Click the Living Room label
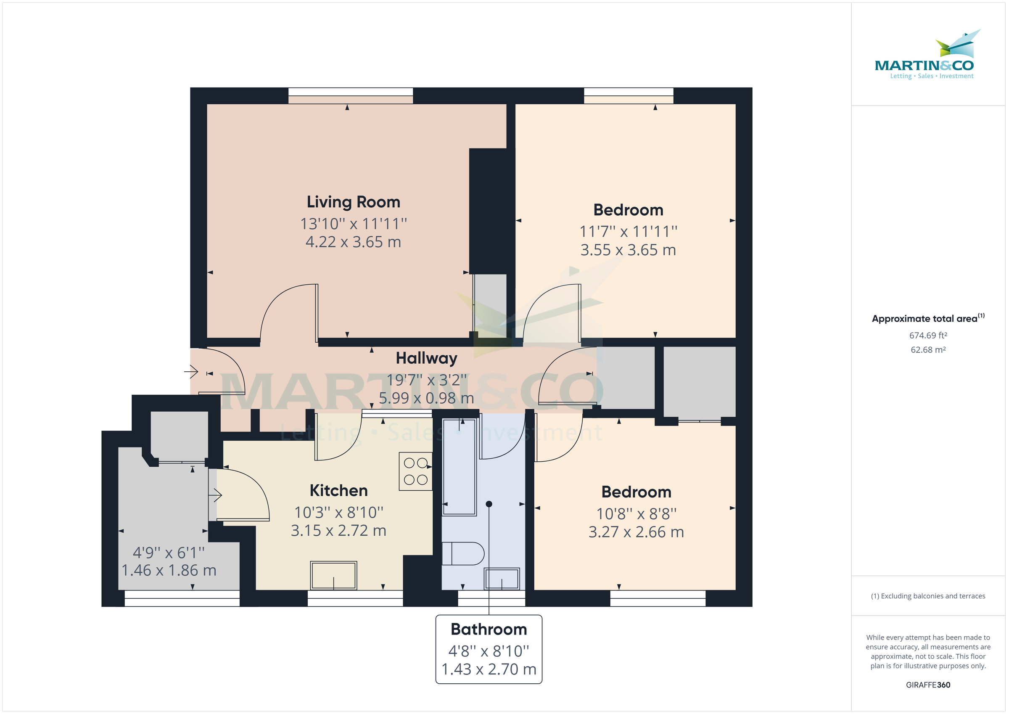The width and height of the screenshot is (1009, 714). pos(353,202)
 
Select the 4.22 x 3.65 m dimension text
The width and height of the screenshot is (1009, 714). pos(353,242)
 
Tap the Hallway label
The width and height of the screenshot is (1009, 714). pos(426,358)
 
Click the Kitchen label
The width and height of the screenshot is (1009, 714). pos(338,490)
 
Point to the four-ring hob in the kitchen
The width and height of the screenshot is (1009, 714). pos(415,471)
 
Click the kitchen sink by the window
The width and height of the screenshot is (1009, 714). pos(333,575)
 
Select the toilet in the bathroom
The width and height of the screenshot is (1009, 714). pos(463,553)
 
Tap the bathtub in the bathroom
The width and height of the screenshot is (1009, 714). pos(459,467)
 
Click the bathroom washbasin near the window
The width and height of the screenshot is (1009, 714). pos(502,579)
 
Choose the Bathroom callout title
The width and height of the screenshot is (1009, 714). pos(489,629)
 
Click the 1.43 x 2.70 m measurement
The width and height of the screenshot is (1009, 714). pos(489,669)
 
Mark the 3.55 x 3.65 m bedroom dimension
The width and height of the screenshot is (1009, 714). pos(628,250)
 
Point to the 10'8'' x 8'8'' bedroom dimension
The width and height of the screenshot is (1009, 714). pos(636,513)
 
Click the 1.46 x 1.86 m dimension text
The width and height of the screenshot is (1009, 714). pos(169,570)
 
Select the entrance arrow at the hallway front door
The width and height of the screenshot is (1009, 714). pos(191,372)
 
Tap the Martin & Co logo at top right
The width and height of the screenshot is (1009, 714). pos(927,55)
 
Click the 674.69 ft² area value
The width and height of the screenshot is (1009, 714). pos(928,336)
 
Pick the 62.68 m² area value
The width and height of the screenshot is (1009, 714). pos(928,350)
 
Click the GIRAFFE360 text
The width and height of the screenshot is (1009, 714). pos(928,685)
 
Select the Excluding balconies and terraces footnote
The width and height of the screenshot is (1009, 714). pos(928,596)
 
